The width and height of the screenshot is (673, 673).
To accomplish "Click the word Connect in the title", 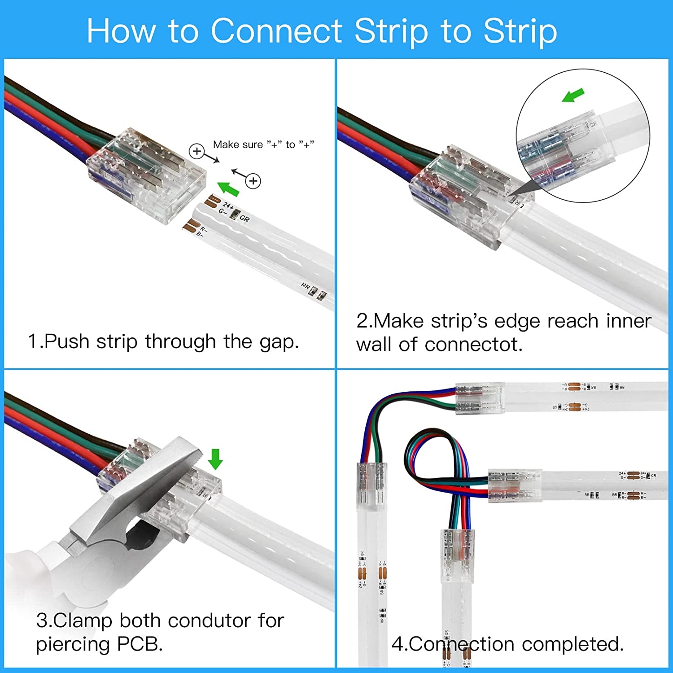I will (x=277, y=31).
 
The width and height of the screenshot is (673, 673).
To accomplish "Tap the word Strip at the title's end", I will (x=520, y=31).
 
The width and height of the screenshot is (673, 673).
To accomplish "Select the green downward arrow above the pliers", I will (x=215, y=459).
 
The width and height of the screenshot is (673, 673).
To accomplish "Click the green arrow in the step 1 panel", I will (x=228, y=189).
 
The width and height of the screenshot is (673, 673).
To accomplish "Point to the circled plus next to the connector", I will (x=197, y=151).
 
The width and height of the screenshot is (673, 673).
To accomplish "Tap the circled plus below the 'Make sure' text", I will (x=253, y=181).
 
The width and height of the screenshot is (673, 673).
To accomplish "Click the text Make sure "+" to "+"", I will (x=263, y=144).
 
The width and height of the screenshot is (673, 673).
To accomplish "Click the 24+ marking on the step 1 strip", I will (x=228, y=205).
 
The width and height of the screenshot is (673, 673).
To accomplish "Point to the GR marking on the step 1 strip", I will (x=245, y=219).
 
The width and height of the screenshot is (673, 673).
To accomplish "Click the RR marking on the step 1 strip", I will (x=306, y=286).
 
